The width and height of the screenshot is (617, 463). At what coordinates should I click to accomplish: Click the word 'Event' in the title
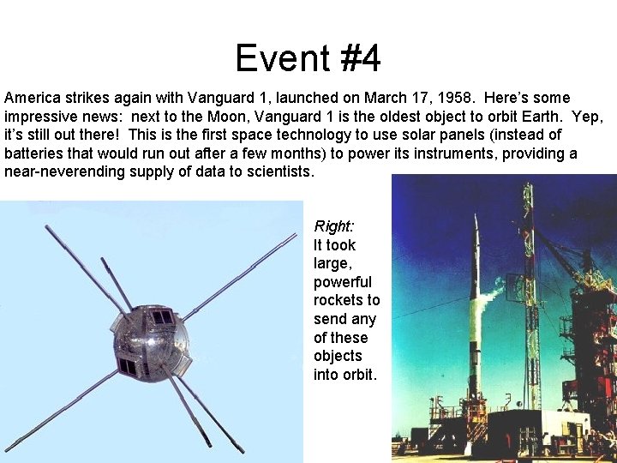(x=273, y=58)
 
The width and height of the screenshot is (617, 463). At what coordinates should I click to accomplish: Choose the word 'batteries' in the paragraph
(x=33, y=153)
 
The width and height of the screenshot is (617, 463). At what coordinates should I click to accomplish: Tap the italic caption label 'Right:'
(x=334, y=226)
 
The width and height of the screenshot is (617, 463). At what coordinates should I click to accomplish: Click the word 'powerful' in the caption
(x=343, y=282)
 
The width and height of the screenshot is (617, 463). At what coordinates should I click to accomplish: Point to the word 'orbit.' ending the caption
(x=360, y=375)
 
